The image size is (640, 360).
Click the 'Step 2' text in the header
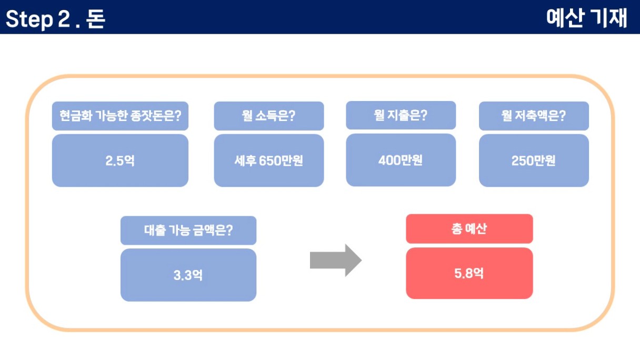coord(38,19)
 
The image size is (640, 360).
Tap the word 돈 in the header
coord(96,19)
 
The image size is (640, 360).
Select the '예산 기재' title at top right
coord(586,18)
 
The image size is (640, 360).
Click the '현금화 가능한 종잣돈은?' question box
coord(121,116)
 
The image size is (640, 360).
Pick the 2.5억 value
coord(120,161)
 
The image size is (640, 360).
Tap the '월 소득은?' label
coord(269,116)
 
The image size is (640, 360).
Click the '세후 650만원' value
coord(269,161)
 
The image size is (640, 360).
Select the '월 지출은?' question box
coord(401,115)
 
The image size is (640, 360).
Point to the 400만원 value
coord(401,160)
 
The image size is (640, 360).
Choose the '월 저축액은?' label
coord(534,116)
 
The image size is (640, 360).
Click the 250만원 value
coord(534,161)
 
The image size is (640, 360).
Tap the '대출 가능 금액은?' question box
coord(188,231)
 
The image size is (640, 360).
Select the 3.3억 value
coord(188,275)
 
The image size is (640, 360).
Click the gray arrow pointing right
coord(336,261)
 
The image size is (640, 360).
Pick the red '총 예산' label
coord(469,228)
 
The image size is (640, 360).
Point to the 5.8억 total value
coord(469,273)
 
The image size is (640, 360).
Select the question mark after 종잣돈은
coord(178,116)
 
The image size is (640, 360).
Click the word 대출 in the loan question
coord(155,231)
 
